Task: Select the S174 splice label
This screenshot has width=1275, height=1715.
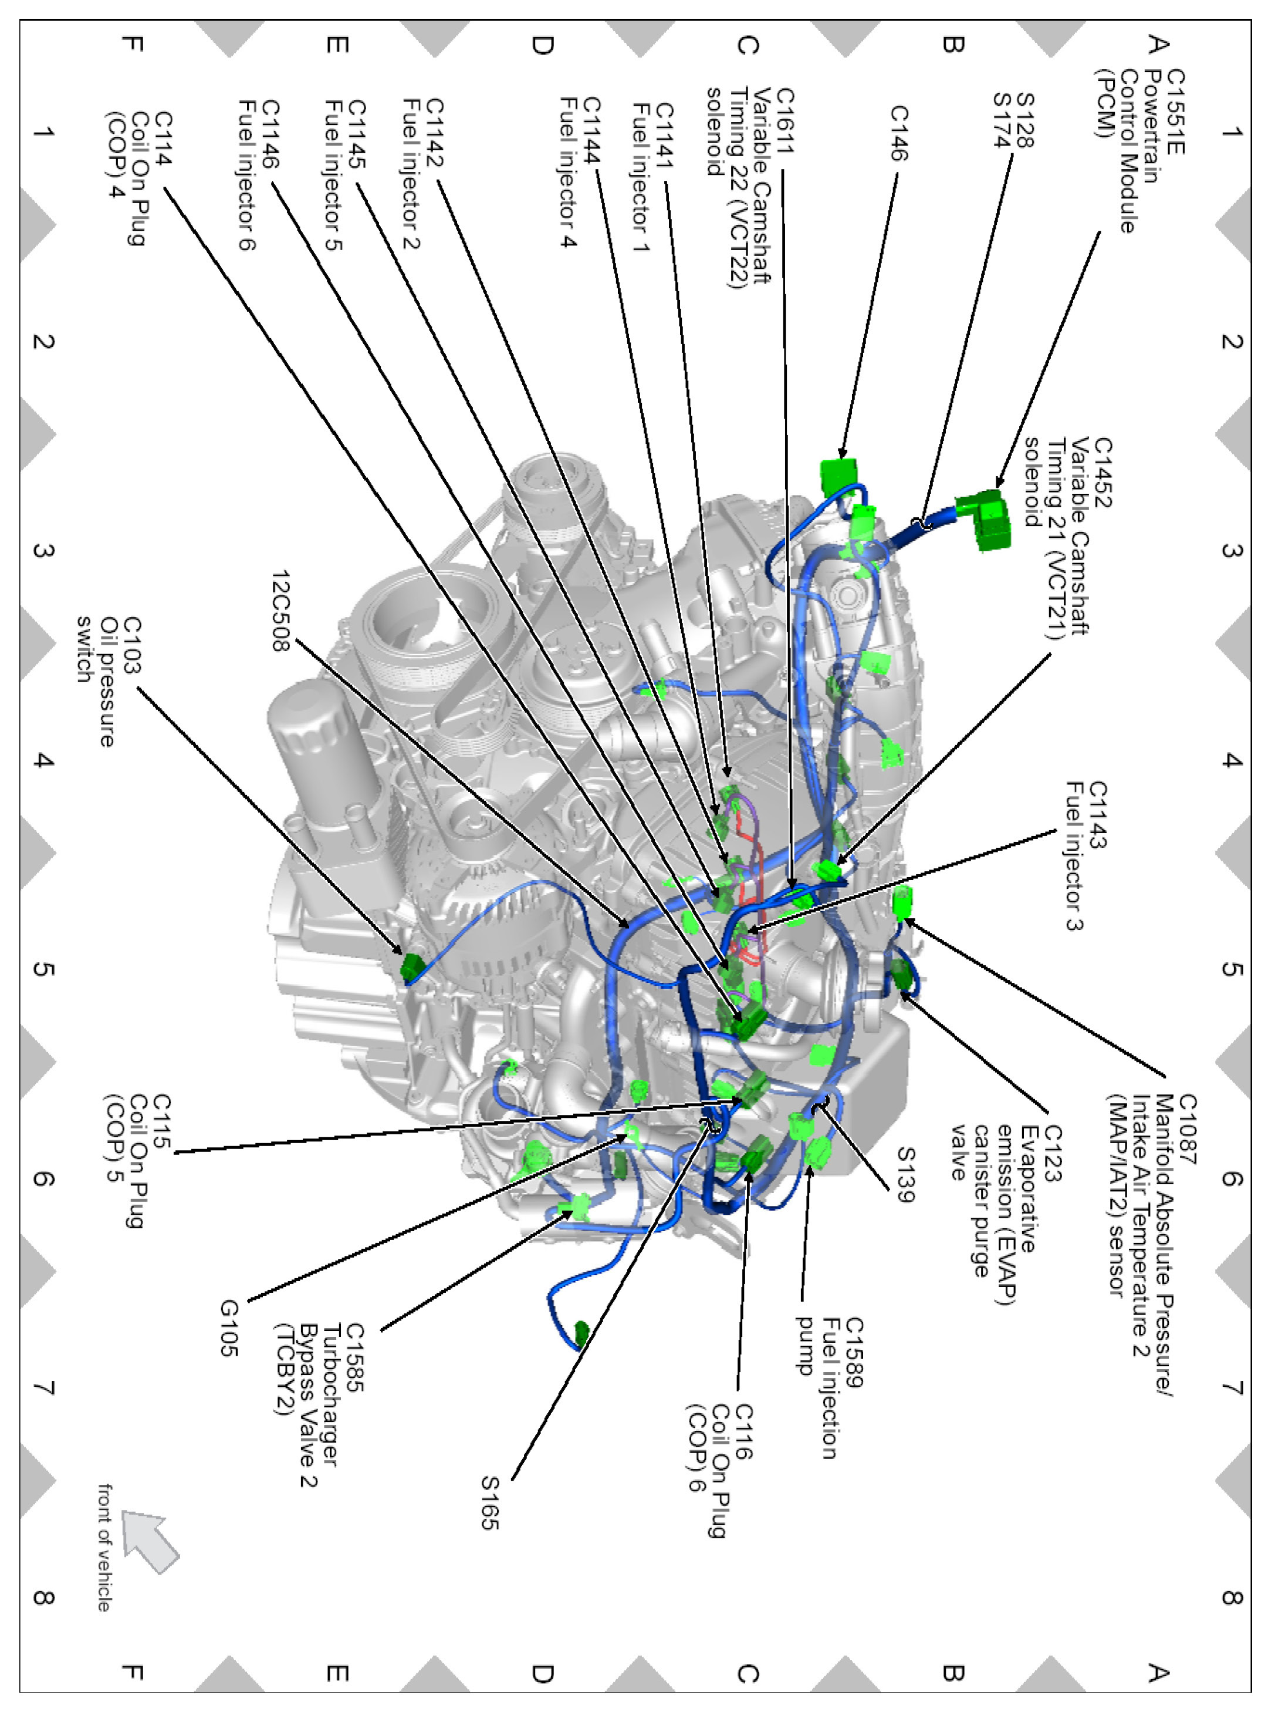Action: [1001, 120]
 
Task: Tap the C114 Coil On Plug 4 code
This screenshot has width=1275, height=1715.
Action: [164, 138]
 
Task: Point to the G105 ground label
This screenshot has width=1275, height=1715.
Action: [229, 1327]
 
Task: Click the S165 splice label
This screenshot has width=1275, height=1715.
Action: [490, 1502]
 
